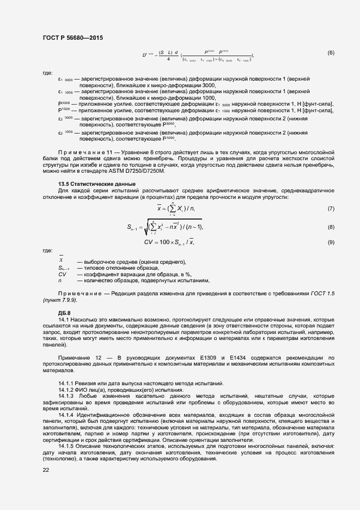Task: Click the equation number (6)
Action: pos(331,53)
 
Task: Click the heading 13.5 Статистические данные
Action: pos(96,184)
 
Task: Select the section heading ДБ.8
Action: pos(64,312)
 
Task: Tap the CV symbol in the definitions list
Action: pos(62,274)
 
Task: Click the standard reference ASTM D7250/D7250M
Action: pos(143,171)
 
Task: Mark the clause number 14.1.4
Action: pos(66,416)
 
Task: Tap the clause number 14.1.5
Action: pos(66,446)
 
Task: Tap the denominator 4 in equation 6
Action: pos(169,59)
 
